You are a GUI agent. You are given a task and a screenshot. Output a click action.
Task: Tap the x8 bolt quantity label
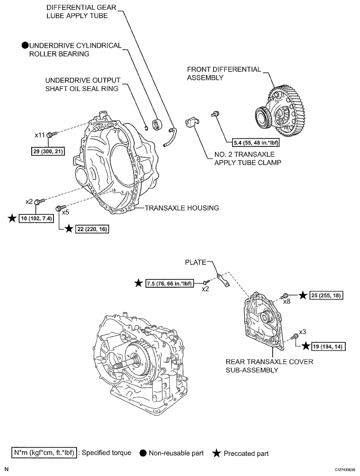(x=288, y=301)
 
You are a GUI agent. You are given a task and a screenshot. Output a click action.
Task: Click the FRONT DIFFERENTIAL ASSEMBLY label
(x=224, y=73)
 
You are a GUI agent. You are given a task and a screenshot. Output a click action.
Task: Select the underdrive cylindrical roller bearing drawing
(x=156, y=124)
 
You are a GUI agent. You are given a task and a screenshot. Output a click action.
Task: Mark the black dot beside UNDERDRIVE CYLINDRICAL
(x=24, y=45)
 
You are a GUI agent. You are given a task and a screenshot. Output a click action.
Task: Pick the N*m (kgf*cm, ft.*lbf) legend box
(x=44, y=453)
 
